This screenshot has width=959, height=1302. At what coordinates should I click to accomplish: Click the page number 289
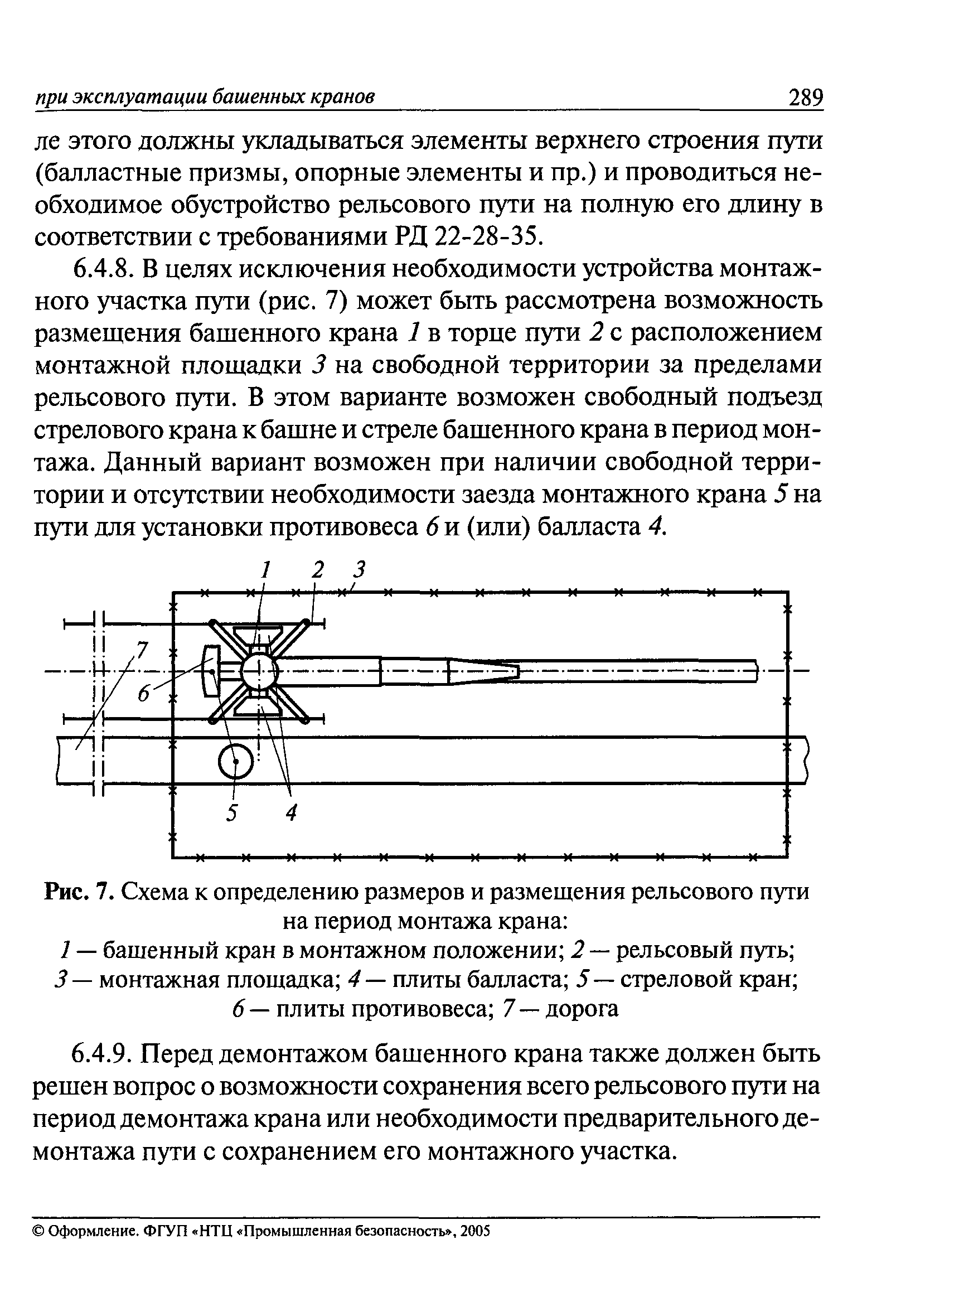(x=805, y=97)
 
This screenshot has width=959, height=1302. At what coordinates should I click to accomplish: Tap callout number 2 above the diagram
(x=316, y=569)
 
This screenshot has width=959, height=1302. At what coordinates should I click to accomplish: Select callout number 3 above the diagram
(x=361, y=569)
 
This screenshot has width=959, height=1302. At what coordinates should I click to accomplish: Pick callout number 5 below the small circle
(x=231, y=812)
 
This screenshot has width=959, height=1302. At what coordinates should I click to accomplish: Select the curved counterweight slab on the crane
(x=210, y=671)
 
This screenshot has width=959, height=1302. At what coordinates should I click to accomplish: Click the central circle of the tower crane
(x=259, y=671)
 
